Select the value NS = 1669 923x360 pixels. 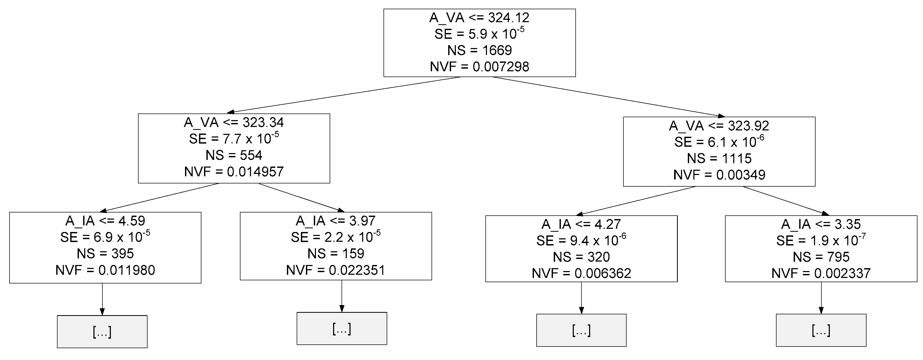[x=479, y=50]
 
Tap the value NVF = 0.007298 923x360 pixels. [x=479, y=67]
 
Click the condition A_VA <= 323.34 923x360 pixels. [x=234, y=122]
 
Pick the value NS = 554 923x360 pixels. [x=234, y=155]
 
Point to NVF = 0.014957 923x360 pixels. [x=234, y=172]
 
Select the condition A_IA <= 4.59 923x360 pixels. [x=105, y=221]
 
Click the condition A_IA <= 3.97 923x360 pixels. [x=335, y=221]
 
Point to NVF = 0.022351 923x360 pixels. [x=335, y=270]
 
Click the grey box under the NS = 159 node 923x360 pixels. [x=342, y=329]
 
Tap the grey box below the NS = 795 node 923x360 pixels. [x=821, y=330]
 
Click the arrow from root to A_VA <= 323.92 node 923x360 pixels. [x=605, y=97]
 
